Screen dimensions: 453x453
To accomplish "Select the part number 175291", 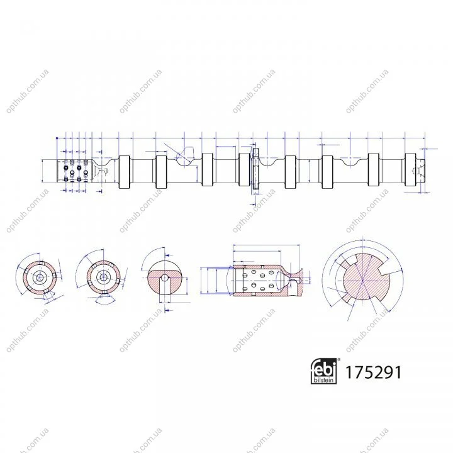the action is coord(373,372).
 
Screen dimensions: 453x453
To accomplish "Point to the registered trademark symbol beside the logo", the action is coord(339,359).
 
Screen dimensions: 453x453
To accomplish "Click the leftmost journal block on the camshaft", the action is coord(124,172).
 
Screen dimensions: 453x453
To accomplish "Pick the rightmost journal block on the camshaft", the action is coord(410,170).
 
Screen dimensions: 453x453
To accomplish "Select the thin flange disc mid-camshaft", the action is coord(256,169).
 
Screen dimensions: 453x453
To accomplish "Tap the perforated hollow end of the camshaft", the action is coord(74,171).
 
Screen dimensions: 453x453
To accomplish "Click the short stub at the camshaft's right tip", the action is coord(420,171).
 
